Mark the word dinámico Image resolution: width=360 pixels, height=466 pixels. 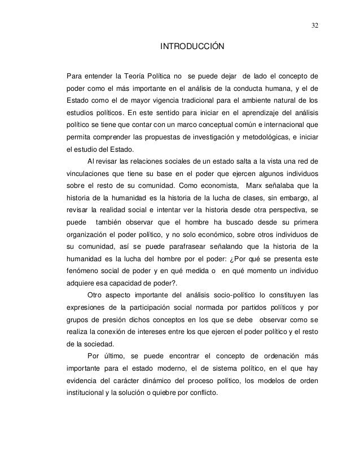pos(158,382)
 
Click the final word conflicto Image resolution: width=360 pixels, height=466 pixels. pos(201,394)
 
